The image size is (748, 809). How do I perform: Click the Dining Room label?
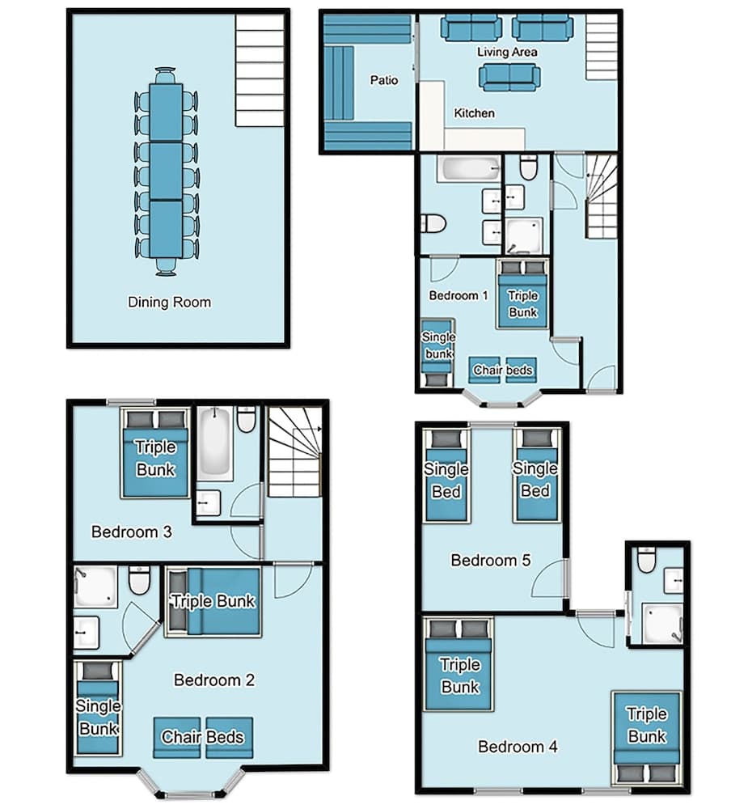[169, 303]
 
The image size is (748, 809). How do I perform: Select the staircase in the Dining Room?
[260, 70]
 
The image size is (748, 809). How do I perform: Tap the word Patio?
[384, 80]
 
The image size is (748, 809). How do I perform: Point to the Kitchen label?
[474, 113]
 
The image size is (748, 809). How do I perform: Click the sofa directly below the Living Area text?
[509, 78]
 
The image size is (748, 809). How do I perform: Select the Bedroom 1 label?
[458, 295]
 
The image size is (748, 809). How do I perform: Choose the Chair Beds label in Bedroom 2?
[202, 737]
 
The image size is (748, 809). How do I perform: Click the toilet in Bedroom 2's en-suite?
[139, 580]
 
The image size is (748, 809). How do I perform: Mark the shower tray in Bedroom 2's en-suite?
[95, 587]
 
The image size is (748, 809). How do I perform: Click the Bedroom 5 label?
[484, 560]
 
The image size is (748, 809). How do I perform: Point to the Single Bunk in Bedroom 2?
[98, 708]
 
